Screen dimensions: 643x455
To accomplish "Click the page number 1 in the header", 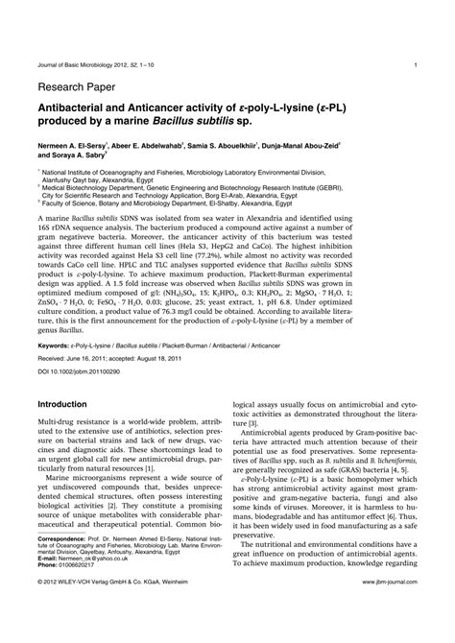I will [x=414, y=65].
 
